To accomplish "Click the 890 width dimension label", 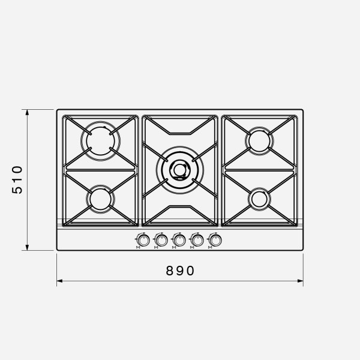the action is [x=180, y=271].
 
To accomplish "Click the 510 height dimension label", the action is [x=17, y=180].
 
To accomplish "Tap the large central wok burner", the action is [x=180, y=170].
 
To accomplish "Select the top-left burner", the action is [x=100, y=141].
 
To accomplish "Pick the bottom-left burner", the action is [x=100, y=199].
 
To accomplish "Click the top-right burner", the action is [x=259, y=141].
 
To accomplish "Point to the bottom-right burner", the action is [x=259, y=199].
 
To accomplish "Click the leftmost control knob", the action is [x=143, y=241].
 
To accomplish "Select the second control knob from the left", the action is [x=161, y=241].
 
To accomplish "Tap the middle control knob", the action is [x=179, y=241].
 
